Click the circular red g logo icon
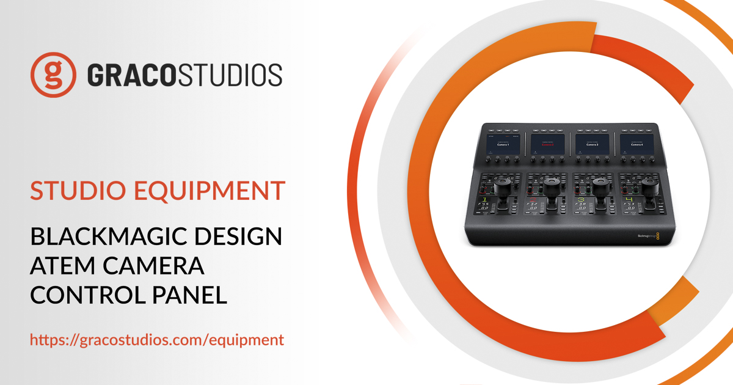54,75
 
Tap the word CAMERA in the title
158,266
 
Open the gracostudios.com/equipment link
157,340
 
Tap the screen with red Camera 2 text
547,145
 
